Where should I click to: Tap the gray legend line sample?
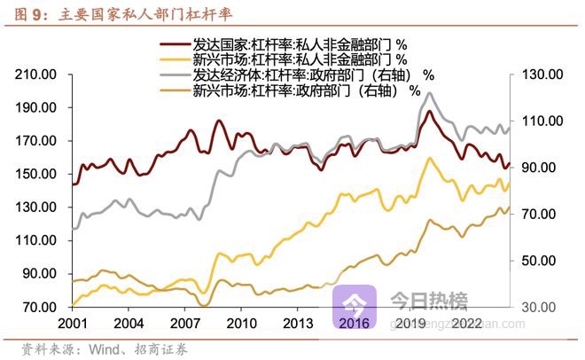tap(174, 74)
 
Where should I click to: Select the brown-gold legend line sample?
tap(174, 90)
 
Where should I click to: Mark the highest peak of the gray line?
tap(430, 92)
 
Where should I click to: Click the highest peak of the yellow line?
tap(430, 158)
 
